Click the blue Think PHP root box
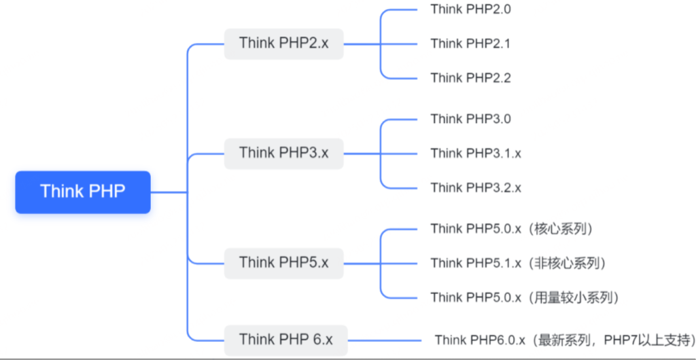[x=83, y=192]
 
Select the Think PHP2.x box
[x=283, y=44]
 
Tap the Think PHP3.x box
[x=283, y=154]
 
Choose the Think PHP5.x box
[x=283, y=264]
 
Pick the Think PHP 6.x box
[x=286, y=340]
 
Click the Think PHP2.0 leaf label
[x=470, y=10]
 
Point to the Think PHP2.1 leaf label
[x=470, y=44]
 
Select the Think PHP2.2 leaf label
[x=470, y=78]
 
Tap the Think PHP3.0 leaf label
[x=470, y=120]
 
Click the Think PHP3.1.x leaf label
[x=476, y=154]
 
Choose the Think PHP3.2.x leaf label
[x=476, y=188]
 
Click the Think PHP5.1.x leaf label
[x=476, y=264]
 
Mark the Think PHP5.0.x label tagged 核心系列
[x=512, y=229]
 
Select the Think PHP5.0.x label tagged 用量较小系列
[x=525, y=298]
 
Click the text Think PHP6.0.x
[x=481, y=340]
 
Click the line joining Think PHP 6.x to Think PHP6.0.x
[x=385, y=340]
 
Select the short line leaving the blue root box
[x=169, y=192]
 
